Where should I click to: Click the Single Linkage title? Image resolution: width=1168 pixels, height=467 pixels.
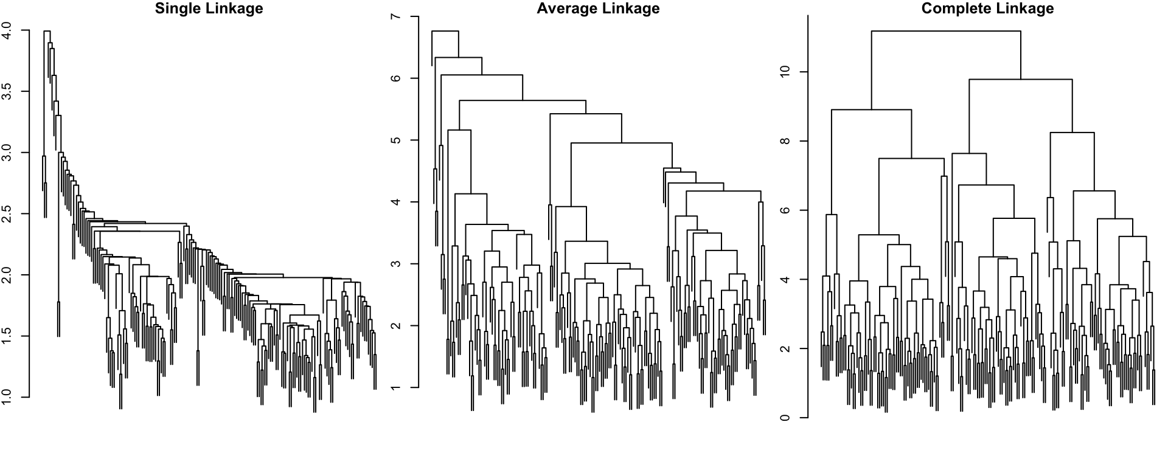[x=209, y=9]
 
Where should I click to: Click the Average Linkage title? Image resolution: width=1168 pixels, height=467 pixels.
[x=598, y=9]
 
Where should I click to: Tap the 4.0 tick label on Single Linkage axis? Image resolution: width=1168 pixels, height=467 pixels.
[x=7, y=30]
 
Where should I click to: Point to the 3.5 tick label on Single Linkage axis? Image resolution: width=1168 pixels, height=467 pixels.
[x=7, y=92]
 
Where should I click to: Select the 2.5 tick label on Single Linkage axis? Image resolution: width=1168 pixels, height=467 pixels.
[x=7, y=214]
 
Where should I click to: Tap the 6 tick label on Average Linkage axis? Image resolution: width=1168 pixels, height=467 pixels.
[x=397, y=78]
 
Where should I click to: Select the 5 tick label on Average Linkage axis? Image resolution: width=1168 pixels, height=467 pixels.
[x=397, y=140]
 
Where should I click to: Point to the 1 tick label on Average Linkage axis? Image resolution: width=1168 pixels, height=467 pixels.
[x=397, y=387]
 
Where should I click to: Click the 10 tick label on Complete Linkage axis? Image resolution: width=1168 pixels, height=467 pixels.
[x=785, y=72]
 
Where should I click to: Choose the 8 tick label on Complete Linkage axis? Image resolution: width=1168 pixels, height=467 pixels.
[x=785, y=141]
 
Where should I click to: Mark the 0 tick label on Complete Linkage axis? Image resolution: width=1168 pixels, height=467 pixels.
[x=785, y=418]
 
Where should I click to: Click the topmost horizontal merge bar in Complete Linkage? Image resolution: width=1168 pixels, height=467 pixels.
[x=946, y=31]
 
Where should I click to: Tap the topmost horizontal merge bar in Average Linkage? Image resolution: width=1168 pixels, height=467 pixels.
[x=445, y=31]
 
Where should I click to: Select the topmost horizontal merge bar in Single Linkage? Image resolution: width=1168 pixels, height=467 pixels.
[x=47, y=31]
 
